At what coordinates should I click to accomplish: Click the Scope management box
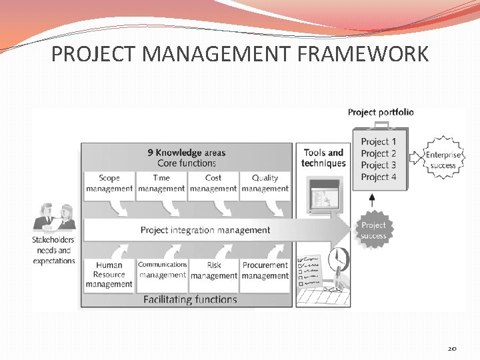click(x=109, y=183)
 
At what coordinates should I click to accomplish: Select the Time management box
click(x=161, y=183)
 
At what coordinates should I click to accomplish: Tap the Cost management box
click(x=213, y=183)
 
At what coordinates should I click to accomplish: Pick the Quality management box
click(x=265, y=183)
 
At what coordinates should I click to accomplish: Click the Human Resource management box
click(x=109, y=275)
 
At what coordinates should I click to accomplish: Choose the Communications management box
click(x=162, y=270)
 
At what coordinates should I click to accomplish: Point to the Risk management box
click(x=213, y=270)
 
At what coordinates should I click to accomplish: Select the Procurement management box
click(x=265, y=270)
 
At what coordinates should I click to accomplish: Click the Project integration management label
click(x=205, y=230)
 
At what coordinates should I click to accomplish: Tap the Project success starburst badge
click(x=373, y=230)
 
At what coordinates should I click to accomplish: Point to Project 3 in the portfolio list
click(x=379, y=165)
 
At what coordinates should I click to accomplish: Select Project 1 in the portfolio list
click(x=379, y=141)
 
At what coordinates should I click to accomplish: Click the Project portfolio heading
click(x=381, y=112)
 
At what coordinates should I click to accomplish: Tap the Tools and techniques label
click(x=323, y=158)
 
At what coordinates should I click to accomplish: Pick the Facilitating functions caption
click(x=190, y=299)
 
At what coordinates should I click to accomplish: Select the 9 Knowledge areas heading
click(x=187, y=153)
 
